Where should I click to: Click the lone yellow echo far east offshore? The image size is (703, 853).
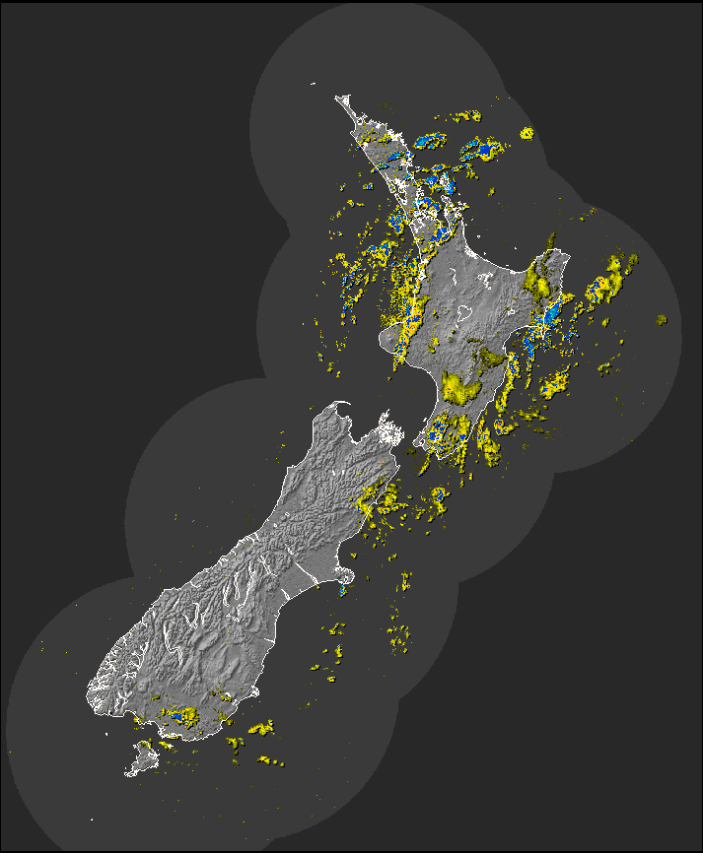pyautogui.click(x=662, y=320)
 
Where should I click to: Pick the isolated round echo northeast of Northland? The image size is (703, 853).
pyautogui.click(x=527, y=132)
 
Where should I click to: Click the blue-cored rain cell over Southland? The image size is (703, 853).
pyautogui.click(x=180, y=716)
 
